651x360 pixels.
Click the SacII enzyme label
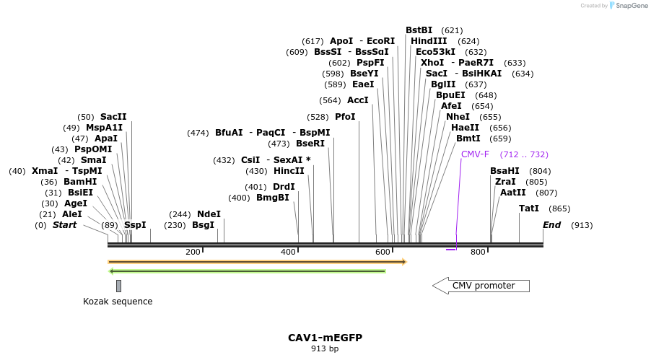click(x=113, y=117)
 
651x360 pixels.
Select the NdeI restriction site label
click(x=209, y=214)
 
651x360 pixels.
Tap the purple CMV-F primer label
click(x=475, y=154)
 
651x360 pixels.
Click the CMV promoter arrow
click(x=481, y=286)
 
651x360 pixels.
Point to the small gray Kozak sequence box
click(x=118, y=286)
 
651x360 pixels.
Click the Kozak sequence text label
click(x=118, y=302)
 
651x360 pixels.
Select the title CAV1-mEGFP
click(x=325, y=338)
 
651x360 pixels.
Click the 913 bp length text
click(x=325, y=349)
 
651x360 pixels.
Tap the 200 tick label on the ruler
click(x=193, y=252)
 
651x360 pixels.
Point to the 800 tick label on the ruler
click(x=478, y=252)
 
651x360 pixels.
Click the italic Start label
click(x=64, y=225)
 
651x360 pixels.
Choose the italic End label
click(x=552, y=225)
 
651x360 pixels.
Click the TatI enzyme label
click(x=529, y=208)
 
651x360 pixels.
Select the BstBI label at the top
click(x=419, y=30)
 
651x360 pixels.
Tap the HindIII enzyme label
click(x=429, y=41)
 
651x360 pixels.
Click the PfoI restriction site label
click(x=345, y=117)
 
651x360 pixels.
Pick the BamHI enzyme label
click(x=80, y=182)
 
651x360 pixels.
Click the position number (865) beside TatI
click(x=559, y=208)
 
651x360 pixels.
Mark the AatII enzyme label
click(x=513, y=193)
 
